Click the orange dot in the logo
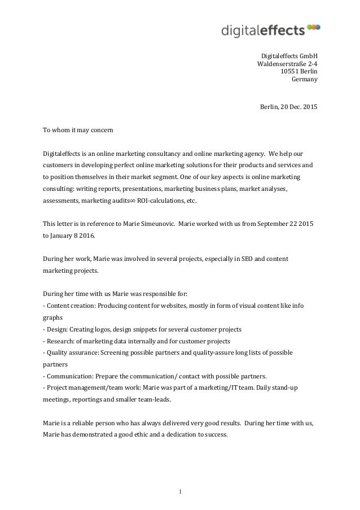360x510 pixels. pyautogui.click(x=318, y=26)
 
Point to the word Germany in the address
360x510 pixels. pyautogui.click(x=304, y=80)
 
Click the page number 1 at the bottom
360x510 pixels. pyautogui.click(x=180, y=491)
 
